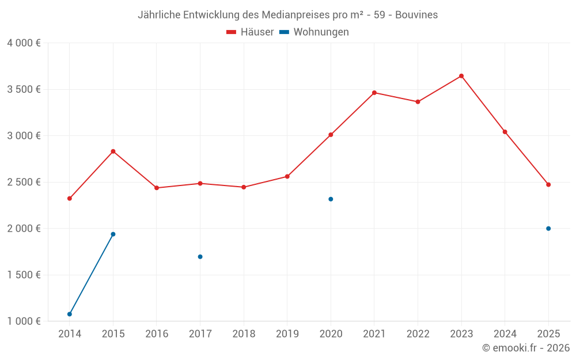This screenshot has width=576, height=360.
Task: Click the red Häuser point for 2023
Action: [461, 76]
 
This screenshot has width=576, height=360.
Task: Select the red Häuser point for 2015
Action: [113, 151]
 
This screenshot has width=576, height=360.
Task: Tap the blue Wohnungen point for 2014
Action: [70, 314]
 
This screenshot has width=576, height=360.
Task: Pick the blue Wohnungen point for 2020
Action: [331, 199]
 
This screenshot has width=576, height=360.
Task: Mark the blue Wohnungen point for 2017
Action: [200, 257]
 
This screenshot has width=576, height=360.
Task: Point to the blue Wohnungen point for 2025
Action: [548, 229]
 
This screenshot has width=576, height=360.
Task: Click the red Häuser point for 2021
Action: [374, 93]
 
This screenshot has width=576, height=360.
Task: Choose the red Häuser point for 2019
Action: [287, 176]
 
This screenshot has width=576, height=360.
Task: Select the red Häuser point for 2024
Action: [505, 132]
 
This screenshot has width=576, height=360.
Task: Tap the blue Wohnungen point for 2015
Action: [113, 234]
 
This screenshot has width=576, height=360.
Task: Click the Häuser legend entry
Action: [251, 32]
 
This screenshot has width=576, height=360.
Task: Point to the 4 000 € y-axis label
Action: [24, 43]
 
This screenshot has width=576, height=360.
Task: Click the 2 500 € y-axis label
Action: [24, 182]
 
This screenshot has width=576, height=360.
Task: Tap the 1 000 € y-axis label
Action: [24, 321]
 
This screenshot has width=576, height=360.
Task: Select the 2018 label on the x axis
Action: [244, 334]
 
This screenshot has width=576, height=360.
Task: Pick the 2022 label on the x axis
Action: [418, 334]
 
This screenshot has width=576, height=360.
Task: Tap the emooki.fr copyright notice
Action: [526, 348]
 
